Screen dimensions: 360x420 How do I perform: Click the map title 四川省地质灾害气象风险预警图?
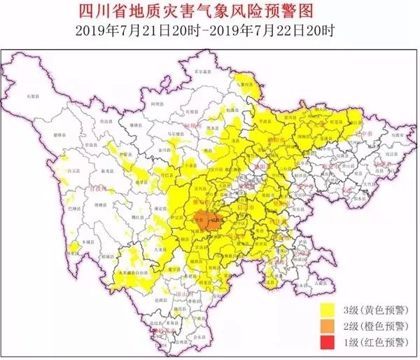pyautogui.click(x=210, y=11)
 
